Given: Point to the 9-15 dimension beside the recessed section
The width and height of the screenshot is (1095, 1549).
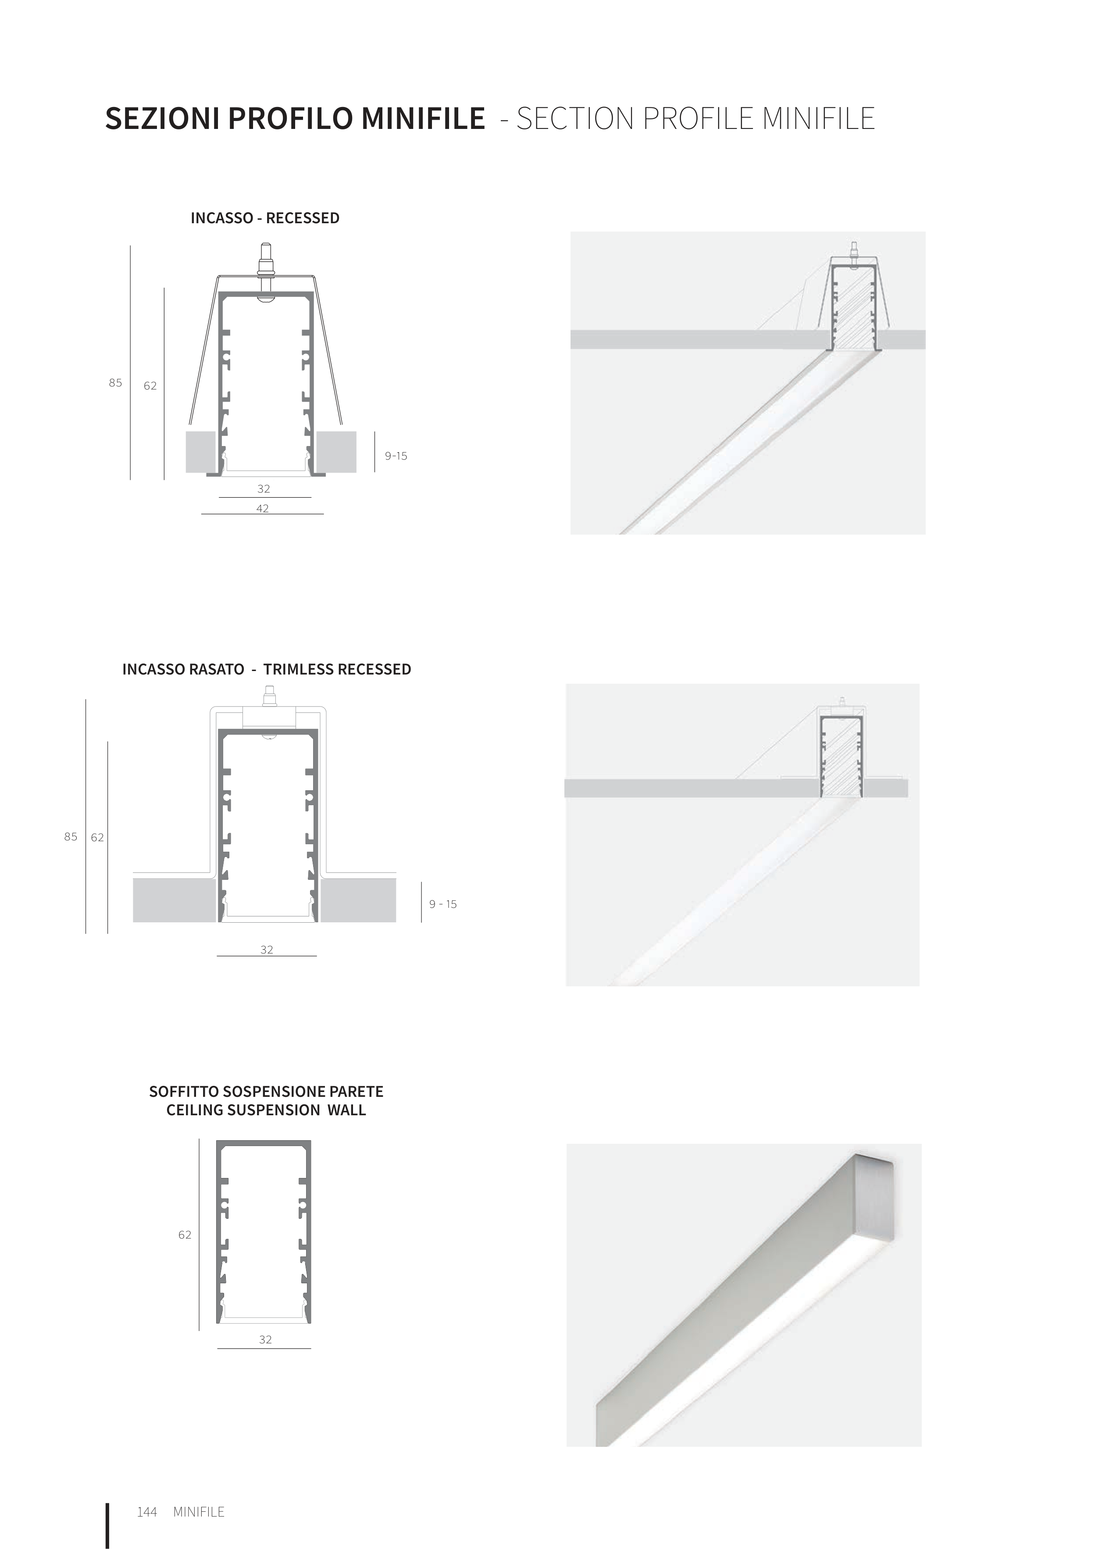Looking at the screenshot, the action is tap(396, 456).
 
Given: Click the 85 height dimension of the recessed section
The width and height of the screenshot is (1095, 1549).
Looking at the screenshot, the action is tap(115, 382).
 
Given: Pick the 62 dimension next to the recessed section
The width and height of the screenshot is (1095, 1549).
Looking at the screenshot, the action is tap(150, 386).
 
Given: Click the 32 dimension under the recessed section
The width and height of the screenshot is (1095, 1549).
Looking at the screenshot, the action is tap(264, 489).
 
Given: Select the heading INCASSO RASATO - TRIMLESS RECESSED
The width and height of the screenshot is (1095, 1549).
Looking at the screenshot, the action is tap(267, 669).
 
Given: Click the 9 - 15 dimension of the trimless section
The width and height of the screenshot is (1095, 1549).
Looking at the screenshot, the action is tap(443, 904).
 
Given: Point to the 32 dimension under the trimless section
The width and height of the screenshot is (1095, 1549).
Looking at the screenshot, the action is tap(267, 949).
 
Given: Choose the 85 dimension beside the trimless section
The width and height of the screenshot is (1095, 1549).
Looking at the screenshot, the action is tap(71, 837).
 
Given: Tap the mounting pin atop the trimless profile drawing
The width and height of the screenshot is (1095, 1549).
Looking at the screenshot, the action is tap(269, 696).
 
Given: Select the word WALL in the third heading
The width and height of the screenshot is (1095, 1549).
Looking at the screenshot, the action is tap(347, 1110).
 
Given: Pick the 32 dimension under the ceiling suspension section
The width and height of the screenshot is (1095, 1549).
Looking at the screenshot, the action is tap(266, 1340).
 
